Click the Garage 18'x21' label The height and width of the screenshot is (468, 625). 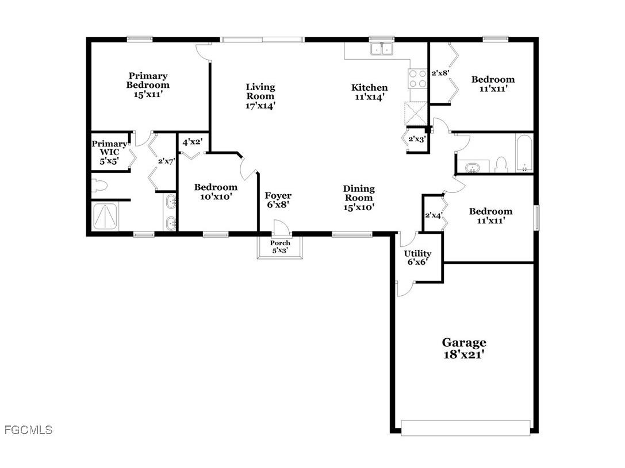(463, 349)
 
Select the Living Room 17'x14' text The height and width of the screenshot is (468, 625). (260, 96)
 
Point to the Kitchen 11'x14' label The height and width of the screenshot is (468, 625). (369, 92)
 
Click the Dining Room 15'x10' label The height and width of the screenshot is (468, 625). (359, 198)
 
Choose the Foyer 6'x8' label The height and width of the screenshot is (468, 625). (277, 200)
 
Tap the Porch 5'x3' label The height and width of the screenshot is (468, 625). (280, 247)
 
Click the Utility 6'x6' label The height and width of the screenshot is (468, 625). (417, 257)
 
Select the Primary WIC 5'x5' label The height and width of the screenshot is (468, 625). (109, 153)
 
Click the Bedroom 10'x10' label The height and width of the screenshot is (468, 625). (216, 192)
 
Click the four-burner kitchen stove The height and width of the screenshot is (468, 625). (418, 78)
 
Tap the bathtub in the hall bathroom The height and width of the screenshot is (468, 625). (524, 153)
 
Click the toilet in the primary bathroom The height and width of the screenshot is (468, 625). (100, 185)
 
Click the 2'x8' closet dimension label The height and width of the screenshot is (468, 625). (440, 73)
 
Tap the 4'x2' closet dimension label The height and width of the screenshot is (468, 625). (193, 142)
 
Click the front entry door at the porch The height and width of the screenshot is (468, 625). (281, 228)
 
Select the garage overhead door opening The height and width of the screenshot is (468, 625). (465, 427)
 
